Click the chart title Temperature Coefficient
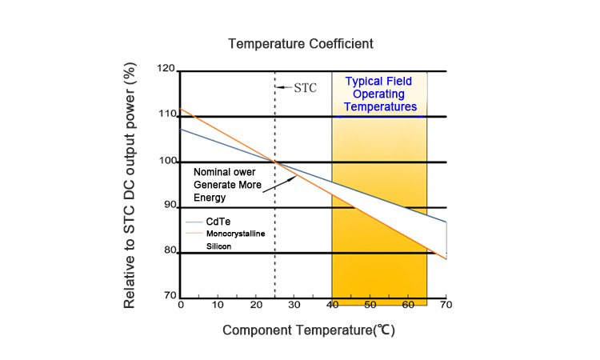tap(300, 42)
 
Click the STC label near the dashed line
tap(305, 87)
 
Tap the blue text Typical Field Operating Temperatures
tap(380, 94)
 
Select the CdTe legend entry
tap(218, 221)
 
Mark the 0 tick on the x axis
tap(181, 305)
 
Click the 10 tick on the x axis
tap(218, 305)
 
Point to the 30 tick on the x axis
tap(294, 305)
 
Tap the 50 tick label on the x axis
tap(370, 305)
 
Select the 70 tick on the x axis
tap(446, 305)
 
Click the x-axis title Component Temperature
tap(308, 330)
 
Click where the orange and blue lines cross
tap(275, 162)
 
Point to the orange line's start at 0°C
tap(182, 109)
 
